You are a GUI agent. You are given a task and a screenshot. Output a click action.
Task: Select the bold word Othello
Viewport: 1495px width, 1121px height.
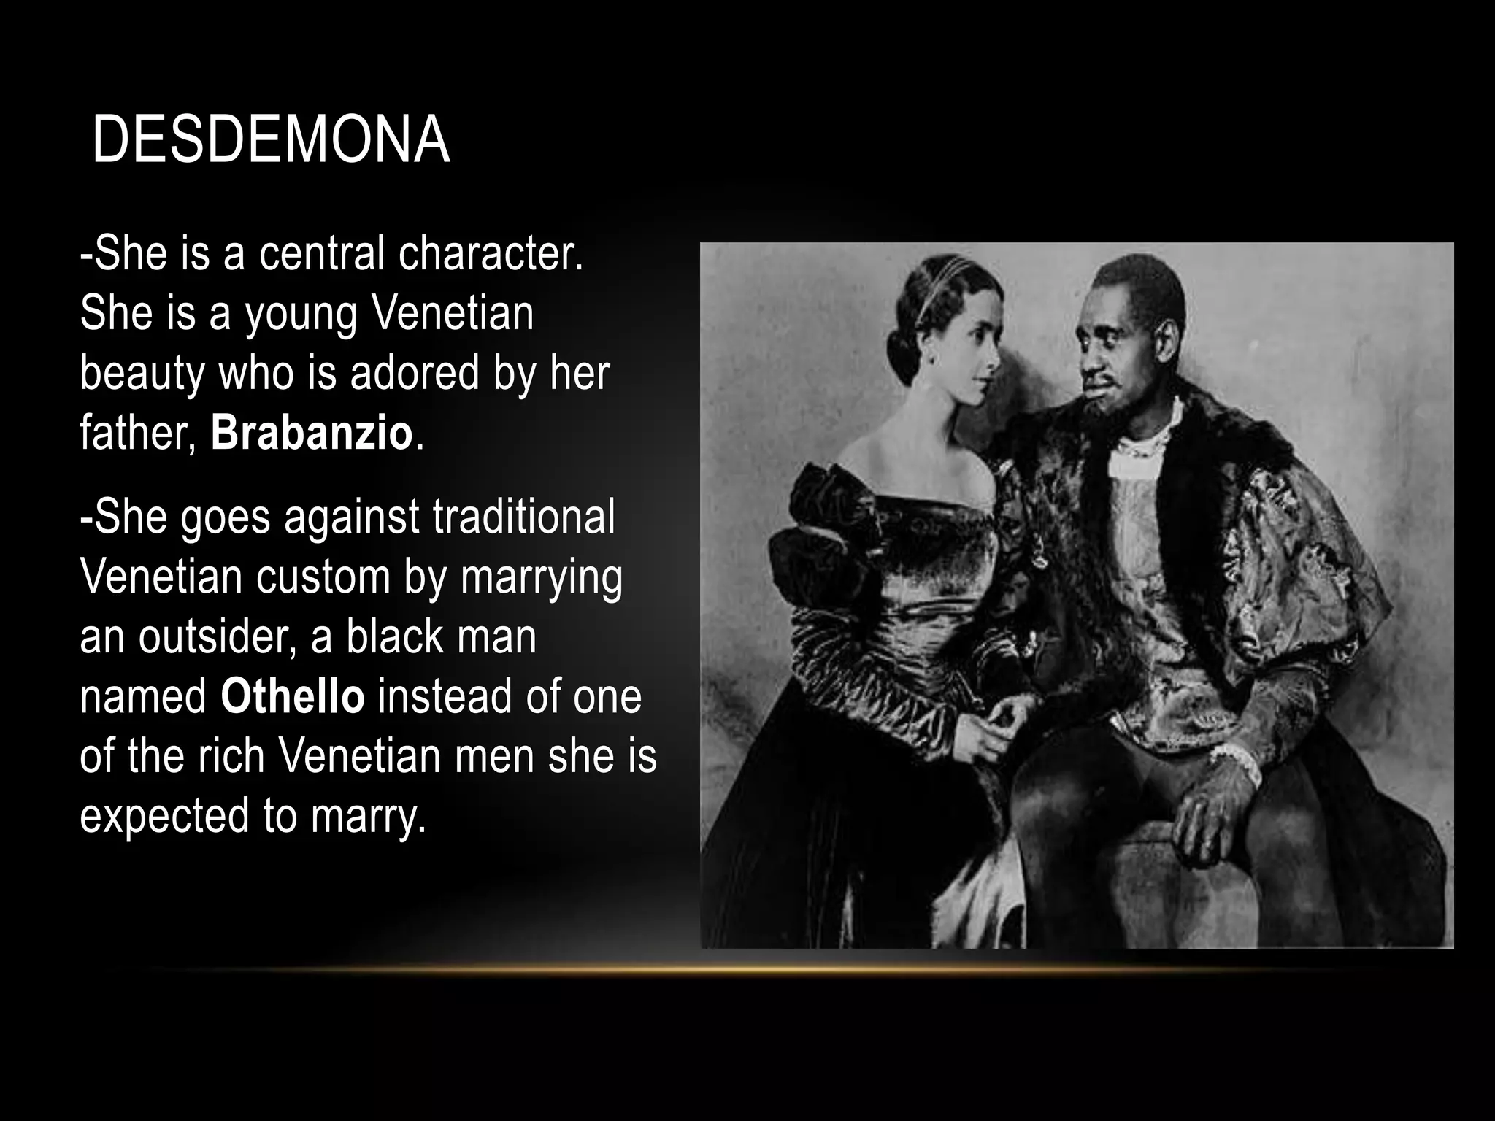tap(292, 696)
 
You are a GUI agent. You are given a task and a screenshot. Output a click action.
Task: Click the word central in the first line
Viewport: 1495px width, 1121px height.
tap(322, 253)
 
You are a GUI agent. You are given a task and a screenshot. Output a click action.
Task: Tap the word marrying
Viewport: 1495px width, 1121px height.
tap(542, 578)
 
